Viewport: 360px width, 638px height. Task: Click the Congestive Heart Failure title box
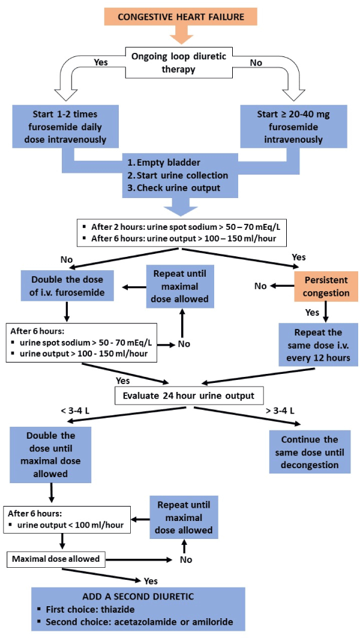(x=181, y=17)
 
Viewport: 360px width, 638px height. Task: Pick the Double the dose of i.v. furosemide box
(x=68, y=286)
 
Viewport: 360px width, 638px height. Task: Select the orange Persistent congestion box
(x=326, y=286)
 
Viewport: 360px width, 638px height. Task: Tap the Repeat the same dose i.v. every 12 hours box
(x=318, y=345)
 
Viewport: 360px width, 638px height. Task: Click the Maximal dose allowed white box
(x=56, y=559)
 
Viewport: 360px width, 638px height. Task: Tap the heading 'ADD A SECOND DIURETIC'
(x=138, y=597)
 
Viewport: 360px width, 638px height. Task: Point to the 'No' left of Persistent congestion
(x=260, y=286)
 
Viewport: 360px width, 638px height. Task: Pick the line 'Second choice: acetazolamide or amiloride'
(x=139, y=622)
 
